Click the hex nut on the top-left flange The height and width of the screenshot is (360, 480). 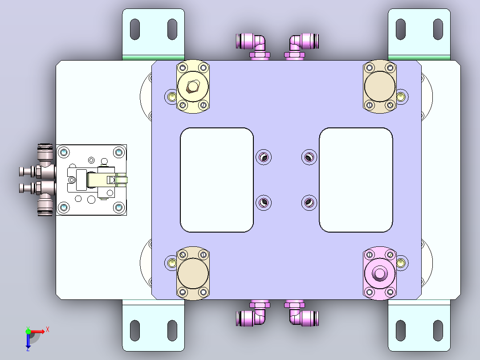point(192,86)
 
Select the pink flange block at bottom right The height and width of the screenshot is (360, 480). point(379,273)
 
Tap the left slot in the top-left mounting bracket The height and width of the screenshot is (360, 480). point(134,29)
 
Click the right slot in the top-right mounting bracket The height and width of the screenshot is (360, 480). point(438,29)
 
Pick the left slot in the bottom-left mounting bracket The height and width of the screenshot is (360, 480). point(134,330)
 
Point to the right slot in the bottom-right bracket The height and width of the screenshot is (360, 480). point(438,330)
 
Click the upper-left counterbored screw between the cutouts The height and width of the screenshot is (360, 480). point(264,157)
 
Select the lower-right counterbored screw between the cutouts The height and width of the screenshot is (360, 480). point(309,203)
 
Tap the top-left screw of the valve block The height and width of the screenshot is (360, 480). point(64,152)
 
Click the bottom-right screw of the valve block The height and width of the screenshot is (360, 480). point(119,208)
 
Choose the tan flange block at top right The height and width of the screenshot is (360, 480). point(379,86)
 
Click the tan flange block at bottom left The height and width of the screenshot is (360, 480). point(193,273)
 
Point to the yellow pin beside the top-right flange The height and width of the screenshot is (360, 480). point(400,97)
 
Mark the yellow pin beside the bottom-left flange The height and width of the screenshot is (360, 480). point(172,263)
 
